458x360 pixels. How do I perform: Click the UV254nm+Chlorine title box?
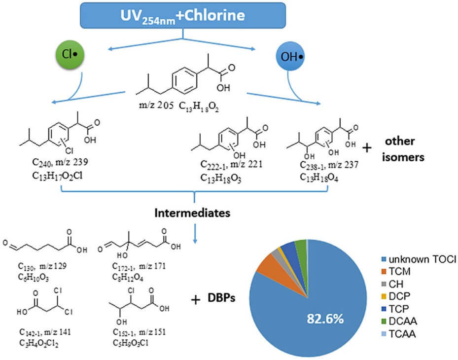point(183,15)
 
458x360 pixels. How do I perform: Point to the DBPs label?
point(221,299)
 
